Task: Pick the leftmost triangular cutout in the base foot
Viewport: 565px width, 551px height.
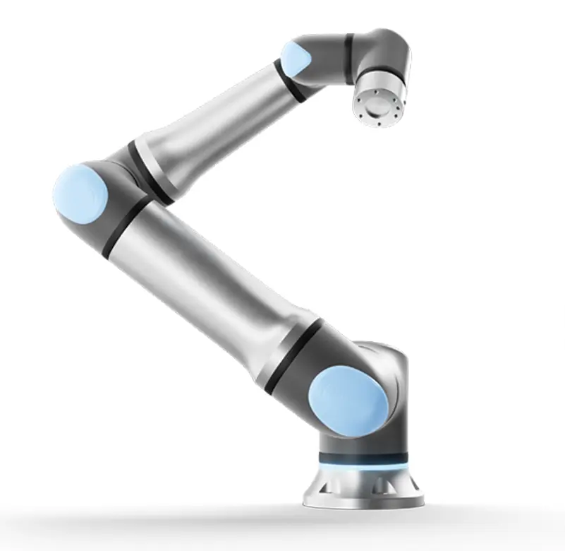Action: (x=321, y=487)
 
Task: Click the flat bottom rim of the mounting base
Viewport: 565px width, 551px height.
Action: (x=363, y=502)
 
